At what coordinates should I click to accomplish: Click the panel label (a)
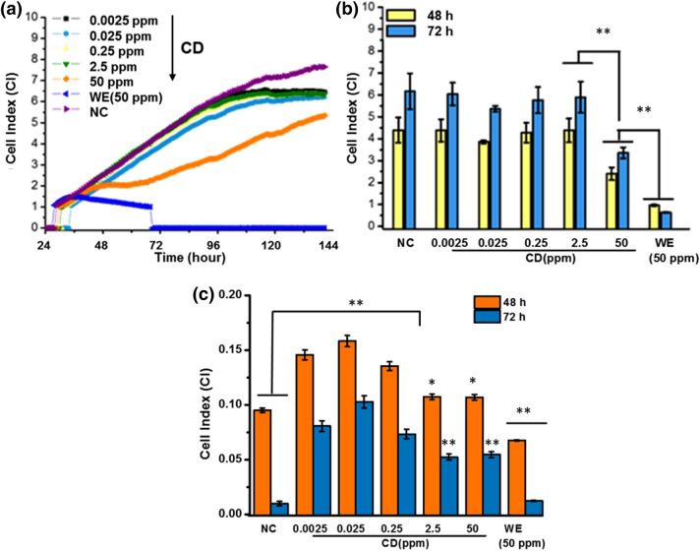click(17, 11)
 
